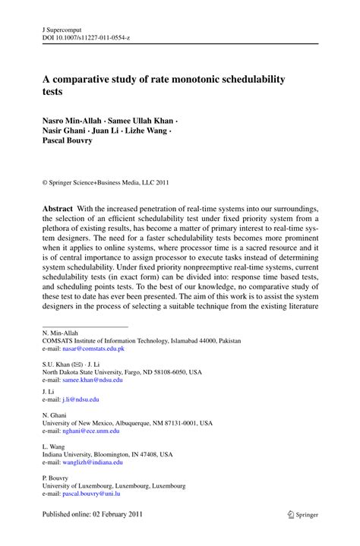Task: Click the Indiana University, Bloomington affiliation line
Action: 107,454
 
